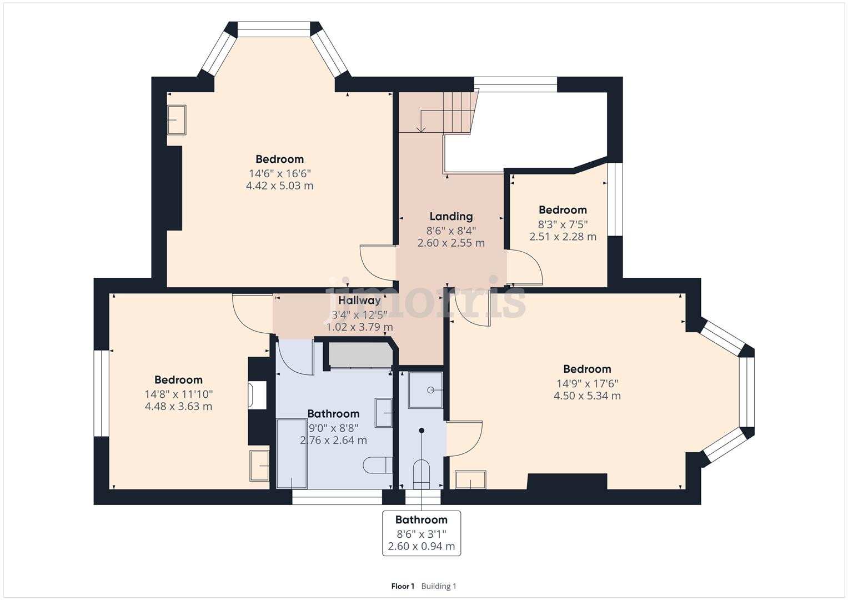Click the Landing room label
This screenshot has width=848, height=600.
[451, 217]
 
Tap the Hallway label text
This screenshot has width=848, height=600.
[360, 301]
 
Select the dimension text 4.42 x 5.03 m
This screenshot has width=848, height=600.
[279, 186]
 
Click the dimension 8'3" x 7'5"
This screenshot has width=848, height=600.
[563, 224]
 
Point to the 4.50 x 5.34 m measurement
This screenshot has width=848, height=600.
[587, 396]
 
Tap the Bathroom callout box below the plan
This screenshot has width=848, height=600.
[422, 533]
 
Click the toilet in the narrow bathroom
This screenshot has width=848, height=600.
[422, 474]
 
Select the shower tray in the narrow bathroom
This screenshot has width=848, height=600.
[426, 390]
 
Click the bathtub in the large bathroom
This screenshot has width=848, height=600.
[292, 453]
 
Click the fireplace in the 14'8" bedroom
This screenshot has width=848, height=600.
[257, 395]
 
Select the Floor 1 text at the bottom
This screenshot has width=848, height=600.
[403, 586]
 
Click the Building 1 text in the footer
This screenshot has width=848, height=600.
[439, 586]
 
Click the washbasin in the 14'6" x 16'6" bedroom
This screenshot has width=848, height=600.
[177, 120]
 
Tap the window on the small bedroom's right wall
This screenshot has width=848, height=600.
[614, 199]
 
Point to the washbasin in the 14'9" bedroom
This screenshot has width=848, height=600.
[470, 480]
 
